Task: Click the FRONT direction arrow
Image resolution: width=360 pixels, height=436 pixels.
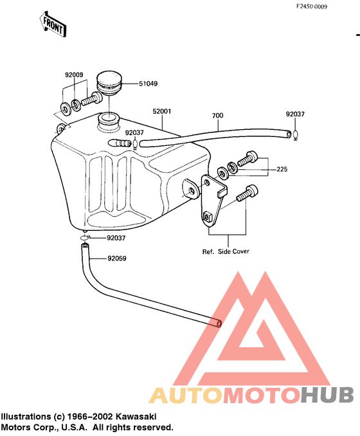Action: pos(53,24)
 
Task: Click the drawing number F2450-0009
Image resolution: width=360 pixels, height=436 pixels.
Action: pos(311,6)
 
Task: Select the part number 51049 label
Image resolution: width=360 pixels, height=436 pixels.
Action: pos(148,84)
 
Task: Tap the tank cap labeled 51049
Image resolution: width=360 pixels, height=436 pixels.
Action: pos(109,84)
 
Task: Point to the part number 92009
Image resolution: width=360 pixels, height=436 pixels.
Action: pos(74,75)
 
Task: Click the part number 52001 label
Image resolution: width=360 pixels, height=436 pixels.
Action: pos(162,111)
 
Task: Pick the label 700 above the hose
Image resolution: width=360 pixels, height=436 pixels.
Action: pos(217,115)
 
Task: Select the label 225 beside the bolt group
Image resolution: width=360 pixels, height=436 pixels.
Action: pos(282,169)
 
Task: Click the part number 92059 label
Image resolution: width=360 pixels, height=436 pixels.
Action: pos(117,259)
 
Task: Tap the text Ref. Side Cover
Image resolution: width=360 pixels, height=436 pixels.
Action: pos(226,251)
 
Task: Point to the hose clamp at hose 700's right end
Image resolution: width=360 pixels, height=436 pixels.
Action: pos(296,136)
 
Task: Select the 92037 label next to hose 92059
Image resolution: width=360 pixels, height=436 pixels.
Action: pos(116,238)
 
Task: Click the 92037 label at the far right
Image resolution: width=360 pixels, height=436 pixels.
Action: pos(295,114)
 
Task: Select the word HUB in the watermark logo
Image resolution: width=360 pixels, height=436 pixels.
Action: pos(327,395)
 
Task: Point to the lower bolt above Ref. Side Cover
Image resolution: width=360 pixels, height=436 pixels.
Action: pos(247,194)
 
